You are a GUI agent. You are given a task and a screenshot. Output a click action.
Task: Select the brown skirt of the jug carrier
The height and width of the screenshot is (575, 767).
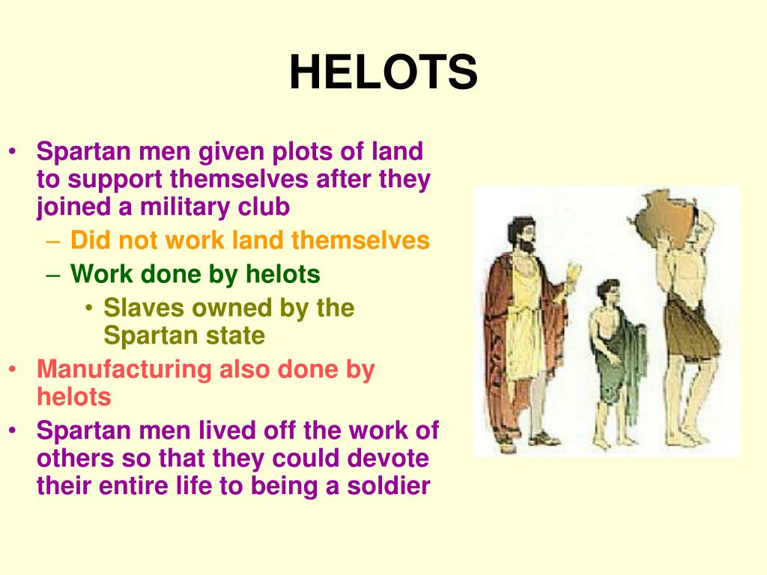[689, 329]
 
